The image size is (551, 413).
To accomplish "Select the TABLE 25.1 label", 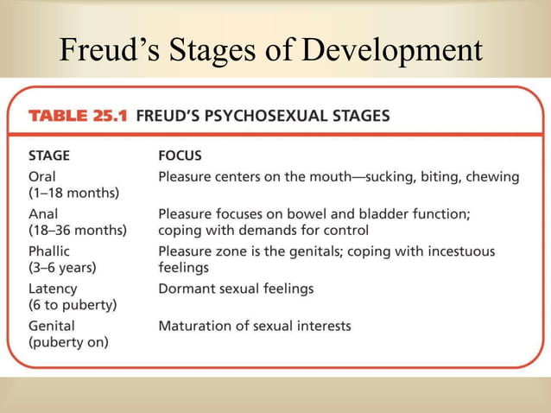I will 75,115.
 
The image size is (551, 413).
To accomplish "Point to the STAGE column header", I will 50,156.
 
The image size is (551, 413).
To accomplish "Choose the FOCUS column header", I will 180,156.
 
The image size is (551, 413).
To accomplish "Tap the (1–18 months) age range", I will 74,192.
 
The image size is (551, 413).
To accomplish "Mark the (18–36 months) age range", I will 78,230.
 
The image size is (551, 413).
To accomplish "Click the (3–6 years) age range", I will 63,268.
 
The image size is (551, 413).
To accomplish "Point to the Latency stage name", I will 53,289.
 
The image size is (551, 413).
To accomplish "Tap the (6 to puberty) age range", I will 73,305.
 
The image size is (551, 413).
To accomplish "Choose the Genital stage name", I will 52,326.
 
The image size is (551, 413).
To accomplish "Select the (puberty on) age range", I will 69,342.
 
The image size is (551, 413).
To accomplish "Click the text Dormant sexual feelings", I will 236,289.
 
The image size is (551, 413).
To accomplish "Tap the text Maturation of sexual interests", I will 255,326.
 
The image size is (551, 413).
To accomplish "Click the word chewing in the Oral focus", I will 491,177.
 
